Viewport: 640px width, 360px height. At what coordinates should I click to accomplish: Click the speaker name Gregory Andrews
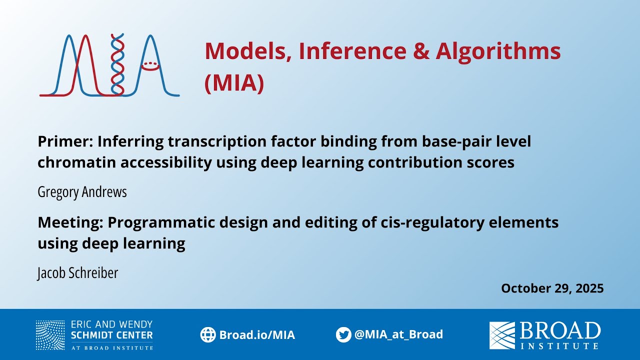(82, 192)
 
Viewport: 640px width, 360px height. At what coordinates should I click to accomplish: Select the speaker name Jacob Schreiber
(77, 272)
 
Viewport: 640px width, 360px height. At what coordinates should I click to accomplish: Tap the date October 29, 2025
(552, 288)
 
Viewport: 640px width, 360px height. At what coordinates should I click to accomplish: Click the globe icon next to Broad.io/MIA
(207, 334)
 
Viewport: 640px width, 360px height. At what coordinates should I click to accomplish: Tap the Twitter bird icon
(343, 334)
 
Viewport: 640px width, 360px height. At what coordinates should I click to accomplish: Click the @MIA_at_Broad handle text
(398, 334)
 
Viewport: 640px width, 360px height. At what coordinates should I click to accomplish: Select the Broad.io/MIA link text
(257, 335)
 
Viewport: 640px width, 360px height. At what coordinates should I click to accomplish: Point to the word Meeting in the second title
(69, 222)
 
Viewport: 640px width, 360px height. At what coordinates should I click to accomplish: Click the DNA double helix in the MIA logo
(117, 65)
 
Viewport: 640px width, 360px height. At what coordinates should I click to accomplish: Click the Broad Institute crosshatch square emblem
(502, 335)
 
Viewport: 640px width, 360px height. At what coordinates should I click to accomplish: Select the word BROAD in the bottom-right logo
(560, 331)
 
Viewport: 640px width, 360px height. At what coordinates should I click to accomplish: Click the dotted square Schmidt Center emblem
(50, 335)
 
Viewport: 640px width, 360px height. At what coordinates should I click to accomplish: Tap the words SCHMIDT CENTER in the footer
(112, 335)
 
